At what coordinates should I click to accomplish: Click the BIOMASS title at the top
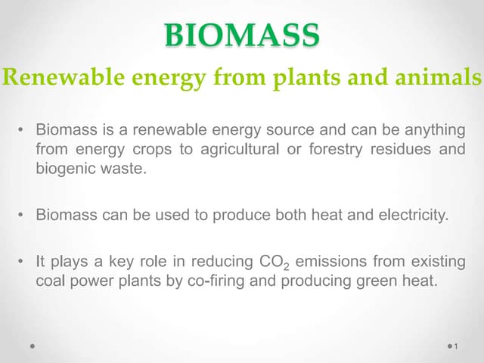242,35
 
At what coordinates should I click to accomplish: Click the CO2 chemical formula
274,262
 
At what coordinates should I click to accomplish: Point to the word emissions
330,262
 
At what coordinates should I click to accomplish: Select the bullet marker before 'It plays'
23,262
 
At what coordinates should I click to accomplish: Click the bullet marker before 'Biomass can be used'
23,215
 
